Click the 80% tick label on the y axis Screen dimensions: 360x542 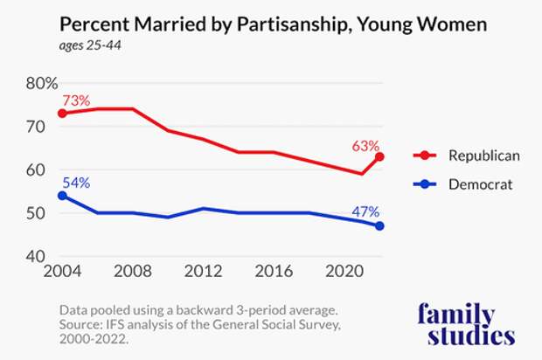point(42,84)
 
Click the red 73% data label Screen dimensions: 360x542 point(76,100)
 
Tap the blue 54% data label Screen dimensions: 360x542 point(76,183)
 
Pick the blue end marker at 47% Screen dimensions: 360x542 point(379,225)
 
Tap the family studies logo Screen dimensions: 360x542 point(467,323)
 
